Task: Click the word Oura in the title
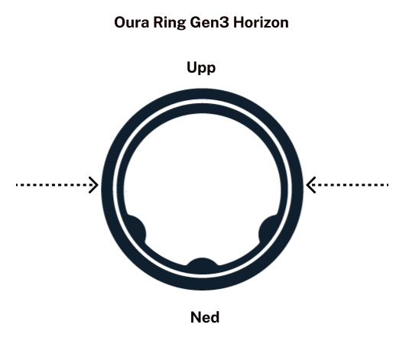coord(131,22)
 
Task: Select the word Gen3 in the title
coord(209,22)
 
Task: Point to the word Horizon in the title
coord(261,22)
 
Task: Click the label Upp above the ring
coord(201,68)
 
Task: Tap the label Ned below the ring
coord(205,317)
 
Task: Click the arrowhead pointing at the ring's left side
coord(93,185)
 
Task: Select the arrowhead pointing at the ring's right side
coord(311,185)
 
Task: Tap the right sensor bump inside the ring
coord(268,229)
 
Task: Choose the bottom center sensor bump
coord(202,263)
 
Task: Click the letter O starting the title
coord(121,22)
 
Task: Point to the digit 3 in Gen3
coord(225,22)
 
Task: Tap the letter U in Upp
coord(192,67)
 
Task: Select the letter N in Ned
coord(196,317)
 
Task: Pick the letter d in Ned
coord(215,317)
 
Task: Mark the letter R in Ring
coord(157,22)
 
